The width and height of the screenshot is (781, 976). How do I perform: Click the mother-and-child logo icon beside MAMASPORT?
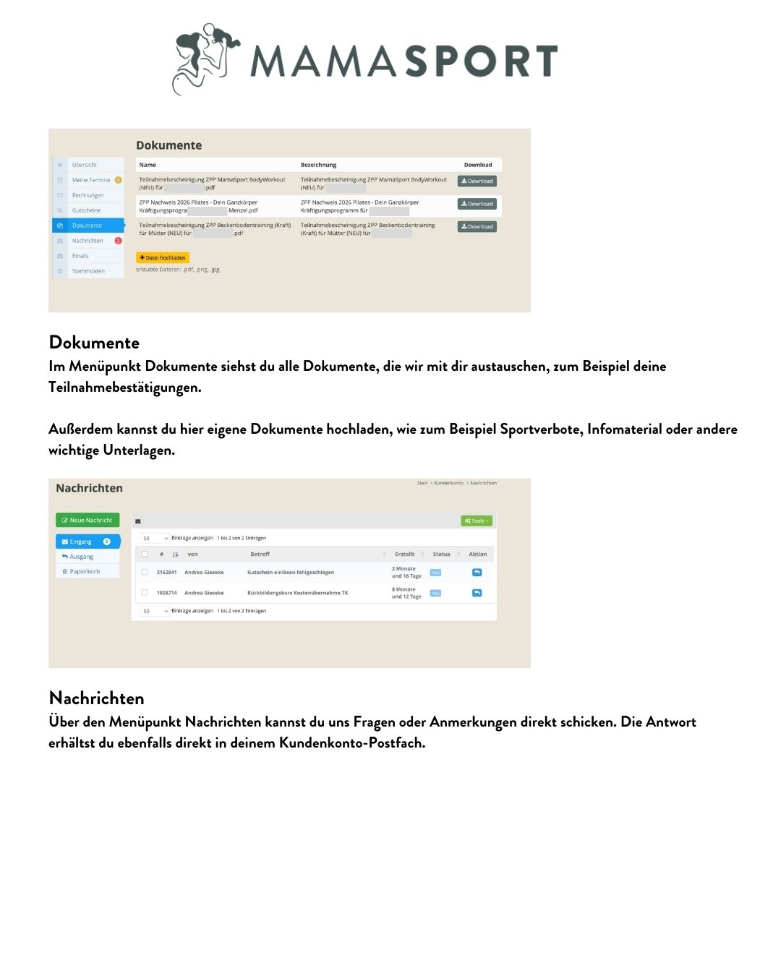click(x=206, y=58)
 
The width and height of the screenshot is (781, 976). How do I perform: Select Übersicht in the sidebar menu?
click(x=85, y=165)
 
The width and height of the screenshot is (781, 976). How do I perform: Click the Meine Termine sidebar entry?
click(x=91, y=180)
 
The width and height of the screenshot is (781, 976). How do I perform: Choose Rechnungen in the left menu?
click(x=88, y=195)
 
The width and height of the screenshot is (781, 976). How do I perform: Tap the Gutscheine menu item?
click(x=86, y=210)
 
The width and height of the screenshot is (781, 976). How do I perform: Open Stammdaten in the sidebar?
click(x=88, y=271)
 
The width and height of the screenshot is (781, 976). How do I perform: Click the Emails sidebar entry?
click(x=80, y=256)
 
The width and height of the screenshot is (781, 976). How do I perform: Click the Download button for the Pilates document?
click(x=477, y=204)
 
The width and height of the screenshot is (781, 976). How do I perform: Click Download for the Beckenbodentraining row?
click(x=477, y=226)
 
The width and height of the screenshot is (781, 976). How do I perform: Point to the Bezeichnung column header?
click(x=318, y=165)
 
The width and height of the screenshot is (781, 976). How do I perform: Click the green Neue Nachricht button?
click(x=88, y=520)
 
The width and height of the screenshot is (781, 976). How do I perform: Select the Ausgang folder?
click(x=82, y=557)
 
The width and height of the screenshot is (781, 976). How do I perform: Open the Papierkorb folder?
click(x=85, y=571)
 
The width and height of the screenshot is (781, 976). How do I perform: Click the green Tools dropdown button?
click(x=477, y=521)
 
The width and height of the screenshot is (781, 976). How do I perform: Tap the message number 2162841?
click(x=166, y=572)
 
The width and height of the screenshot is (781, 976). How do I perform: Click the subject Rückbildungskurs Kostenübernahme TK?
click(x=297, y=593)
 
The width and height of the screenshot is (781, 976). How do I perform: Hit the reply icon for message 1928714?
click(x=477, y=593)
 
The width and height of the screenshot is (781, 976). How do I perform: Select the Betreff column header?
click(x=260, y=554)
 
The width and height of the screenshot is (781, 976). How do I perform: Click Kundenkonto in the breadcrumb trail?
click(x=448, y=483)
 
